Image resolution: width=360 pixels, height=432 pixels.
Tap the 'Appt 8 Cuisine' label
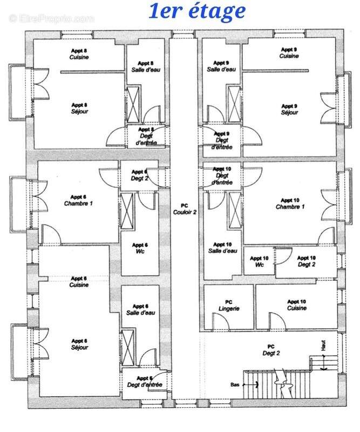[79, 53]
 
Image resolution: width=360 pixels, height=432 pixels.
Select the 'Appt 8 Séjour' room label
[79, 108]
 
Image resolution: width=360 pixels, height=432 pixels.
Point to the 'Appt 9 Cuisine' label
[289, 52]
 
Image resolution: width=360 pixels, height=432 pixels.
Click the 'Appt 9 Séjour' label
[289, 109]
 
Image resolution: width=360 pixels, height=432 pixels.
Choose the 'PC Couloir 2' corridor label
[185, 209]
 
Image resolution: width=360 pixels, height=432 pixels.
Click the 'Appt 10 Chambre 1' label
[290, 204]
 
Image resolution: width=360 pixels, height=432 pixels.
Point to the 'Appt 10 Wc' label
[259, 261]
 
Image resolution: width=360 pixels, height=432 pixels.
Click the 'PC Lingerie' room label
[228, 305]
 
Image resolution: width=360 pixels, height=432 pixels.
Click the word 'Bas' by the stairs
[235, 385]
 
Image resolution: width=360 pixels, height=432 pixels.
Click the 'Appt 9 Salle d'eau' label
[221, 66]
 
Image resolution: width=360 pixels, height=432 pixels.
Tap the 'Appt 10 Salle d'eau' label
[222, 247]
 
